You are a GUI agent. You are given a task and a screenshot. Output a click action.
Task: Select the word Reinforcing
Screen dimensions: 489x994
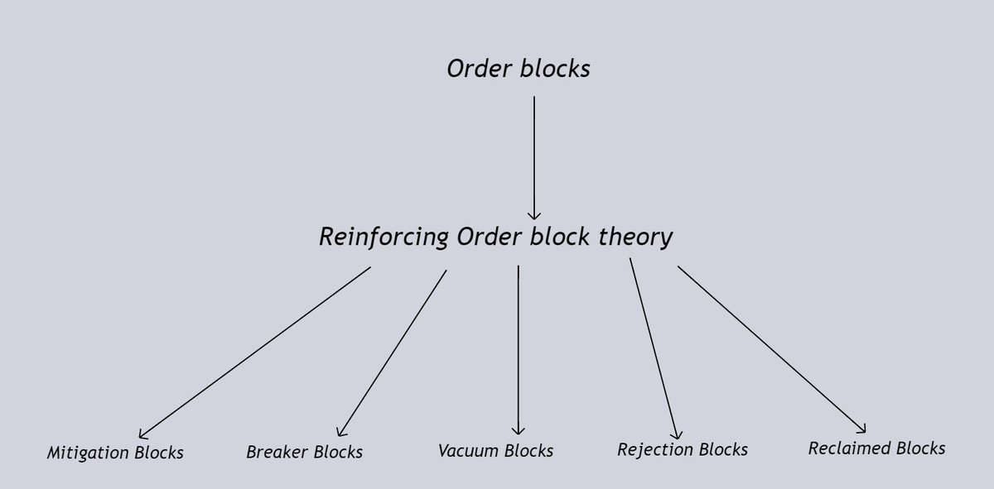[x=382, y=238]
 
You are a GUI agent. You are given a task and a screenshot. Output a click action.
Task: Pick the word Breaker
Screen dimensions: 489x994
[x=274, y=453]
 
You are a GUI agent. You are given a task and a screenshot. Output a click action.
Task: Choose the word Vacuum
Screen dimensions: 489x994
[x=466, y=451]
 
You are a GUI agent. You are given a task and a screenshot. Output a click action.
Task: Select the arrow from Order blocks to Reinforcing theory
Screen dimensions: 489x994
[x=533, y=157]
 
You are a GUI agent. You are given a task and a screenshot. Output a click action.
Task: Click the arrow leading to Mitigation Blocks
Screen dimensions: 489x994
[x=254, y=352]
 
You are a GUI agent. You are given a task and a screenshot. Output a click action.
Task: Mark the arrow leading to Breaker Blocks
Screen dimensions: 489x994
[x=391, y=352]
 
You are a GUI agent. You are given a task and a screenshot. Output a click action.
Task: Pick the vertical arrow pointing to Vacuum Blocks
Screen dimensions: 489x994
[x=519, y=348]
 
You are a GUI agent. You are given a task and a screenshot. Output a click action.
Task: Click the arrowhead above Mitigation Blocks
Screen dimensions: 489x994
[x=142, y=433]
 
